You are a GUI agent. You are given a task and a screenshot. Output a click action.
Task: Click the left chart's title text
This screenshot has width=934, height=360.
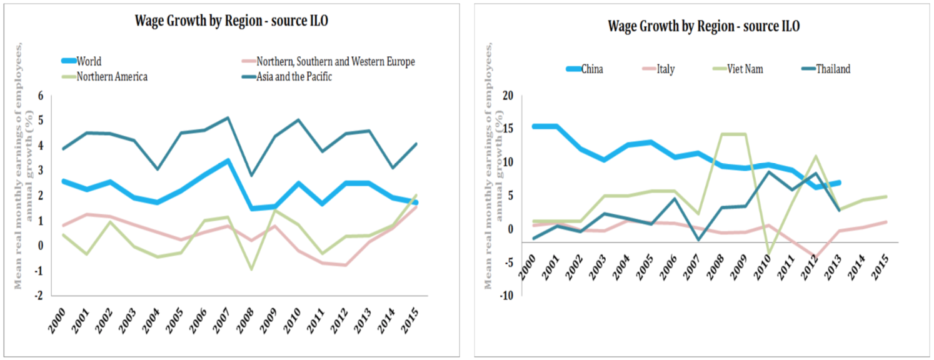point(231,21)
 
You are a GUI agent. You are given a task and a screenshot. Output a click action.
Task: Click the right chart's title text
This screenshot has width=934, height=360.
point(703,26)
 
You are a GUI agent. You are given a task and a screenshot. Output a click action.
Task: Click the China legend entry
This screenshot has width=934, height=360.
point(591,69)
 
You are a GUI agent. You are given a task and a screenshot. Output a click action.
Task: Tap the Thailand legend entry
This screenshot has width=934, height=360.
point(833,69)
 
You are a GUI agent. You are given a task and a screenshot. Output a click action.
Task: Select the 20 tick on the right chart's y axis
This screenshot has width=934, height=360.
point(506,96)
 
